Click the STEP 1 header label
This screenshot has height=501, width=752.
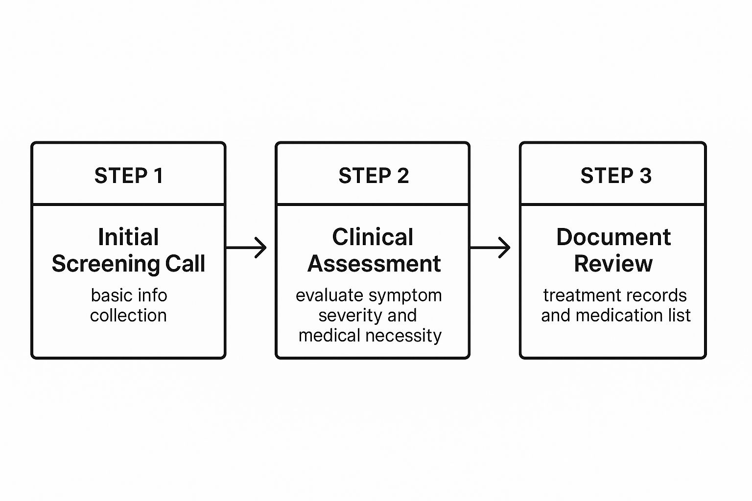click(128, 176)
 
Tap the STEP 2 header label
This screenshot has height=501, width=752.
click(373, 176)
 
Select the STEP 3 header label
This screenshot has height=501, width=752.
click(615, 176)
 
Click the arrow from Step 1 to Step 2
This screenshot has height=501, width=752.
click(247, 248)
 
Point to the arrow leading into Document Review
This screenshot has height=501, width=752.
click(490, 248)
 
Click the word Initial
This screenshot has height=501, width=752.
click(128, 237)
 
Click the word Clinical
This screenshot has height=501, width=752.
click(373, 237)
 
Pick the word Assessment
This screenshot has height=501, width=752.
click(374, 264)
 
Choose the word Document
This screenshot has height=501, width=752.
click(613, 237)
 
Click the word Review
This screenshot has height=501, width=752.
click(613, 264)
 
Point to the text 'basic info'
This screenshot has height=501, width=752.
click(129, 296)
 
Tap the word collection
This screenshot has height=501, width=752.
click(128, 316)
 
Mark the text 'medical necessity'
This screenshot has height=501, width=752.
click(370, 336)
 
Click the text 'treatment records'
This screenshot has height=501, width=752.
click(614, 296)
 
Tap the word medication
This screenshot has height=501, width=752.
click(619, 316)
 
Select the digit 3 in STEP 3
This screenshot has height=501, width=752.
click(645, 176)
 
